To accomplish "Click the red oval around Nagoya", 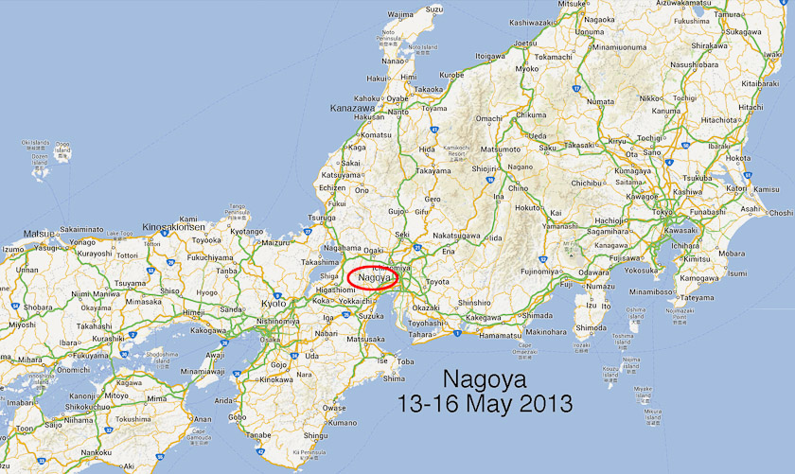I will tap(379, 277).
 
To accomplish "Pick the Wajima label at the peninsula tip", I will tap(401, 15).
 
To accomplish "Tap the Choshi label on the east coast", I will tap(780, 213).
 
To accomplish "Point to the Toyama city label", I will tap(434, 108).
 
